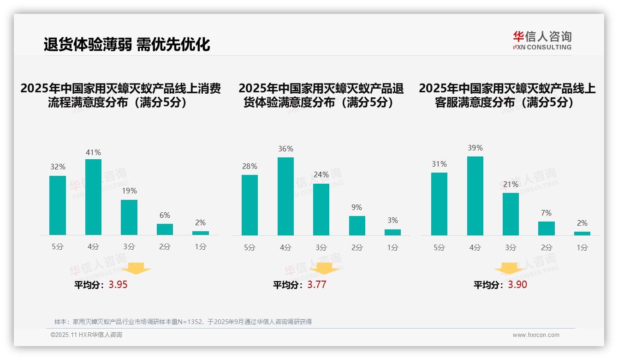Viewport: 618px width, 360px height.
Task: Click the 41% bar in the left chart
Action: [93, 197]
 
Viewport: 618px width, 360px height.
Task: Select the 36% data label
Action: [285, 149]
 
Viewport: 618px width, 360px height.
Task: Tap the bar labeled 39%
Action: [475, 196]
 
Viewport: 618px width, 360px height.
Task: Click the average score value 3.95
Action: [118, 285]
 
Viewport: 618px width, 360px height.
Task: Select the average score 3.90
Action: [517, 285]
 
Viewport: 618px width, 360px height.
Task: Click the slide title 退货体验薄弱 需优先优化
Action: [127, 44]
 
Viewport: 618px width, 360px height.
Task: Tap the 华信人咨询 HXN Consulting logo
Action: [542, 40]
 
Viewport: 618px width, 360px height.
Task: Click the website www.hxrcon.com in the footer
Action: [536, 335]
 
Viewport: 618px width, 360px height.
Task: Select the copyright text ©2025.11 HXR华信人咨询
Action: [86, 335]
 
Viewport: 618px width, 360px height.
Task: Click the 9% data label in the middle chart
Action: [357, 208]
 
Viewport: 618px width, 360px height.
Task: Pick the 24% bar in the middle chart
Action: [321, 210]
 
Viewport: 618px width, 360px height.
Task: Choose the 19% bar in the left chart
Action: [129, 217]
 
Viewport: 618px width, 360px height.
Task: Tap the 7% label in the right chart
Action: [547, 213]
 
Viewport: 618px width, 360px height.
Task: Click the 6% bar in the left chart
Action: [165, 229]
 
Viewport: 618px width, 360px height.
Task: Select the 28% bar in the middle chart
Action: [250, 205]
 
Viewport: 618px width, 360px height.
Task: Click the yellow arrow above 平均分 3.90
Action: [509, 269]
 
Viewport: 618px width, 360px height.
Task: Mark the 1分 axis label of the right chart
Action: [582, 248]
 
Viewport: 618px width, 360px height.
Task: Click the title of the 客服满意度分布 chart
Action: [507, 95]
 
